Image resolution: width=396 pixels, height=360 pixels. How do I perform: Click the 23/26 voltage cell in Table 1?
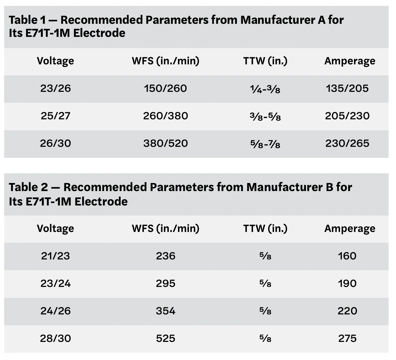pos(55,88)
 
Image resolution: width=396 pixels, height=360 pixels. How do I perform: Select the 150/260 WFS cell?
pos(166,88)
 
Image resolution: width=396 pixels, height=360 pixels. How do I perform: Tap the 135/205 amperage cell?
pos(347,88)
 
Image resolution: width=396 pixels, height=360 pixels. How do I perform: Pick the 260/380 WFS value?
pos(166,116)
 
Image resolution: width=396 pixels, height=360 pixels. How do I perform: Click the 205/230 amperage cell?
pos(347,116)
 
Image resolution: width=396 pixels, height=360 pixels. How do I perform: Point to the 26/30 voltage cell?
pos(55,143)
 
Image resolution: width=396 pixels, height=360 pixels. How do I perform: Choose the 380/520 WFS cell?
pos(166,143)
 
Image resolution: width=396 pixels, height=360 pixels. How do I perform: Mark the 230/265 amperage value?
pos(347,143)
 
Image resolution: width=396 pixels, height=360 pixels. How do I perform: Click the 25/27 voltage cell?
pos(55,116)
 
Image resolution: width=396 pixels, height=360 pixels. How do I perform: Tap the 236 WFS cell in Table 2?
pos(166,256)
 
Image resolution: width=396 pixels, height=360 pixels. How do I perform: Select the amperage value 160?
pos(347,256)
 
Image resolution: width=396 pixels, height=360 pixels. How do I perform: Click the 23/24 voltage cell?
pos(55,284)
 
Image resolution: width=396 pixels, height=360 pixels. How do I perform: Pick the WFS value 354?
pos(166,311)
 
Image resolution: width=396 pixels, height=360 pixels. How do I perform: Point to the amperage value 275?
pos(347,339)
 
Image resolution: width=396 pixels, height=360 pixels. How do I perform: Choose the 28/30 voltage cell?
pos(55,339)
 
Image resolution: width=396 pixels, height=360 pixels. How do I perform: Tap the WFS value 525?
pos(166,339)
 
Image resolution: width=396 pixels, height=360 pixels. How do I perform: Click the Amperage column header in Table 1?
pos(349,61)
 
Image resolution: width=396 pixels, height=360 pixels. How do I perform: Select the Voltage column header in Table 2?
pos(55,229)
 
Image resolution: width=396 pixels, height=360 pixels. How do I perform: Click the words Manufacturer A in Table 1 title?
pos(282,20)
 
